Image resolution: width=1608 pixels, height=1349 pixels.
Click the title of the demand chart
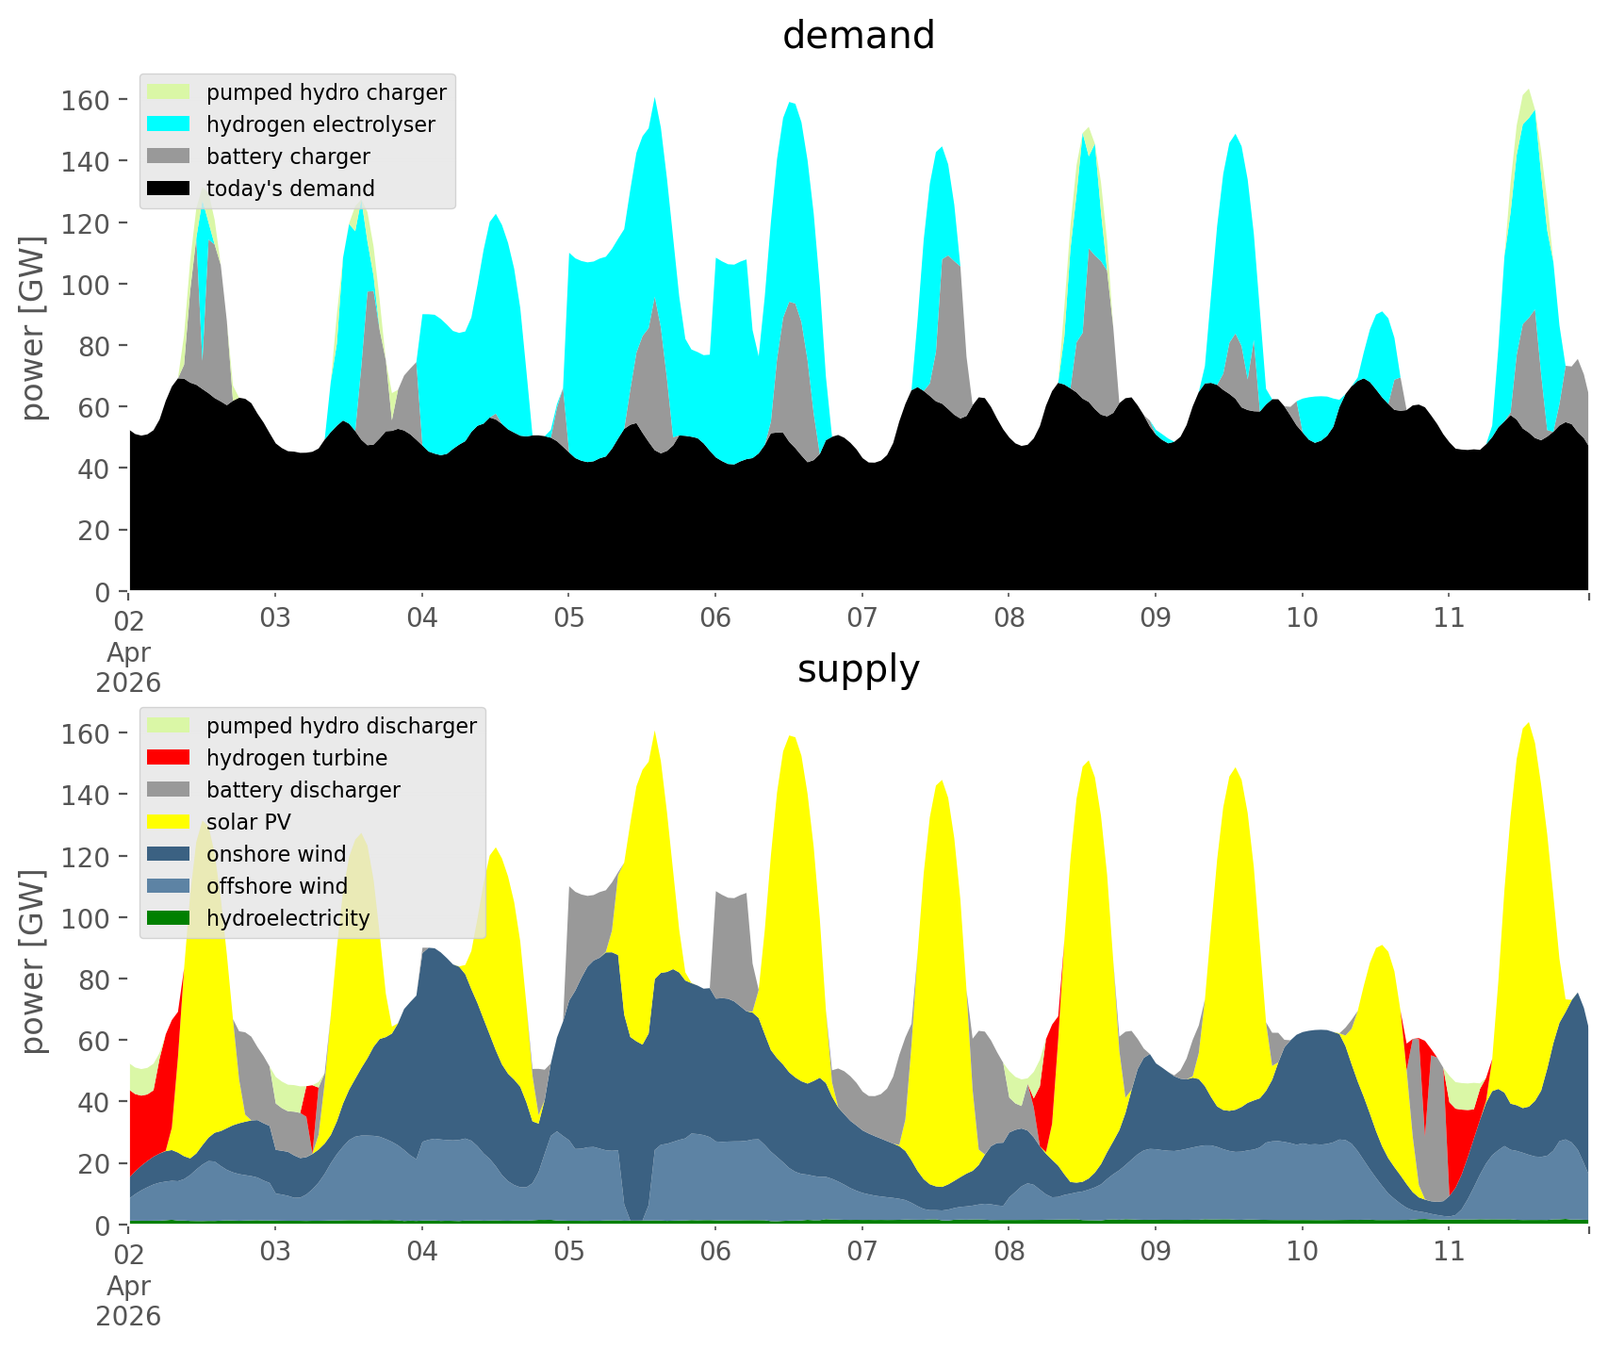tap(858, 36)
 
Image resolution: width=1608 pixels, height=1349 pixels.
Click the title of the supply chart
tap(858, 669)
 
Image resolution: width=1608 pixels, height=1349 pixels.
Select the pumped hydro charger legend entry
tap(325, 92)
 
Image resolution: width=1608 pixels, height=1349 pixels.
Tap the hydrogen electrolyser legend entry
tap(320, 124)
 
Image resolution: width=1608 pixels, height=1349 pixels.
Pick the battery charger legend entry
tap(287, 156)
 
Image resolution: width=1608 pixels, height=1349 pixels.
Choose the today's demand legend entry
tap(290, 189)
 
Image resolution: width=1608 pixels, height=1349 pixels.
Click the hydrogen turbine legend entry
tap(296, 758)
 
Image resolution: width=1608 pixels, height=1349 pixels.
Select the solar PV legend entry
tap(248, 822)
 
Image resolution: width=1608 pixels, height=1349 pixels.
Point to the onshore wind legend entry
tap(275, 854)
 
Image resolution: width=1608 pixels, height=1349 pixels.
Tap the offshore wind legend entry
tap(276, 886)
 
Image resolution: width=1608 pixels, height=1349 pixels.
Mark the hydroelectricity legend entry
tap(287, 918)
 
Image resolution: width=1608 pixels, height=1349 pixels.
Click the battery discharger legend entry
tap(303, 790)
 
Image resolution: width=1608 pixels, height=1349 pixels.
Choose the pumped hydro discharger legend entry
tap(340, 726)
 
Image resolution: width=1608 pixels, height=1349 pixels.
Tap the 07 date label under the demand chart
tap(861, 618)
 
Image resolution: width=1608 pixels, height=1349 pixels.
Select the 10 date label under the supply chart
tap(1302, 1252)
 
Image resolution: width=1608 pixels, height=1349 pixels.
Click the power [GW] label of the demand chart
tap(33, 328)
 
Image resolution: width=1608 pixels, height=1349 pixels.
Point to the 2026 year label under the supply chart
tap(128, 1316)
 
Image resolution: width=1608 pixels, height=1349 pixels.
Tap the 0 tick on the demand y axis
tap(103, 592)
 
